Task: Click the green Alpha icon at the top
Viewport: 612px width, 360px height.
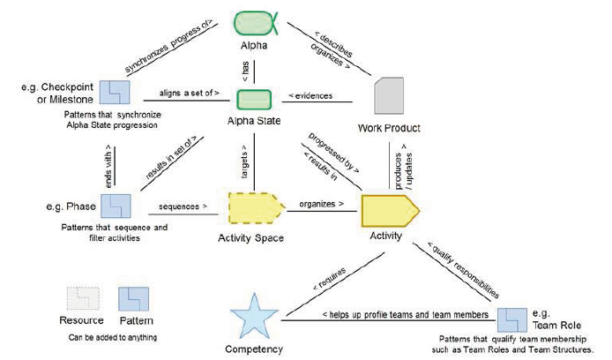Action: (x=255, y=22)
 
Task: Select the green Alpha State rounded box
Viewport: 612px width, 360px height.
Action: (x=254, y=99)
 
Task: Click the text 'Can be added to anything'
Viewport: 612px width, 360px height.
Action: (x=113, y=337)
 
